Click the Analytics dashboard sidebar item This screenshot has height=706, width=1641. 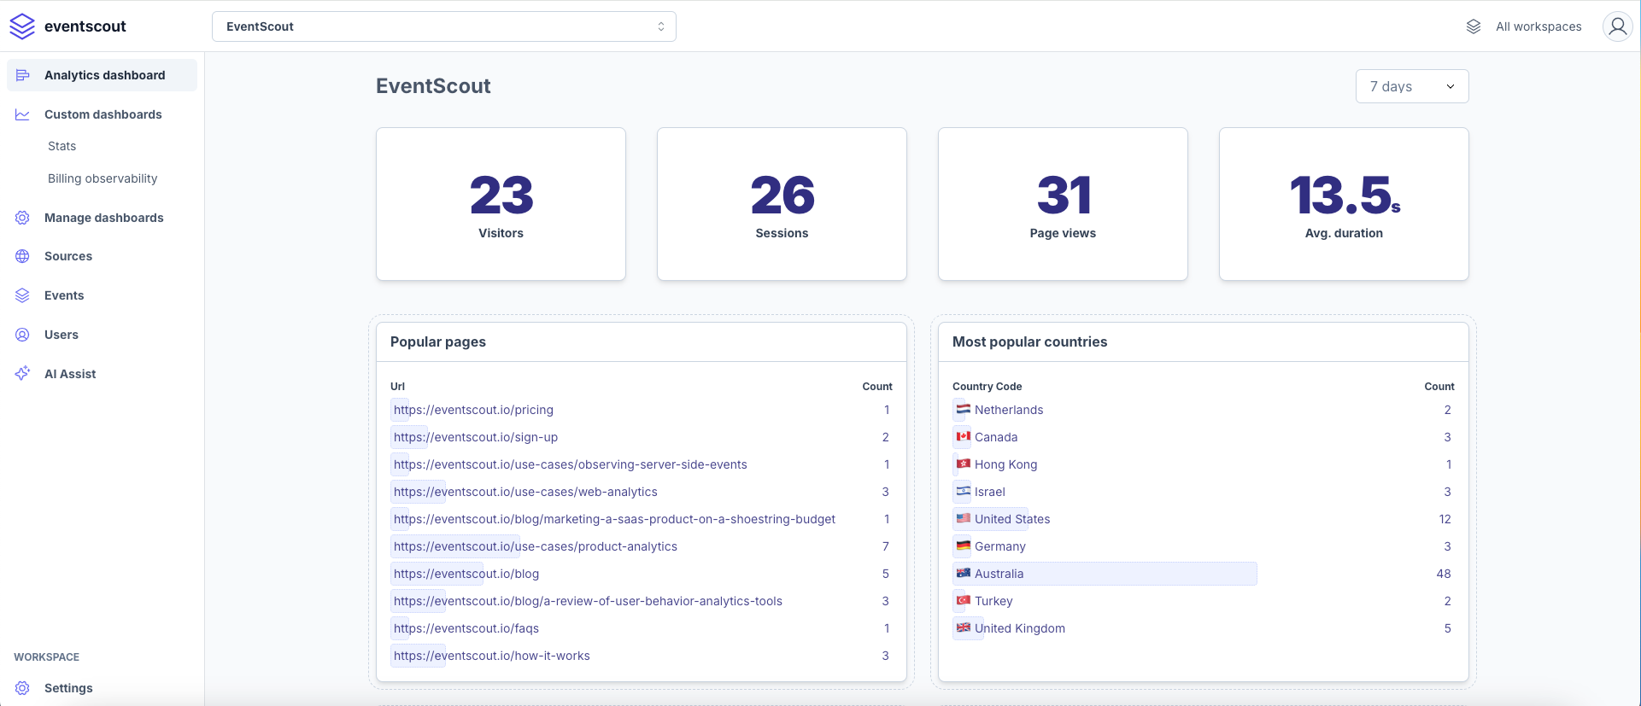(x=104, y=75)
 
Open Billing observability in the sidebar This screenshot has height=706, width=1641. (x=103, y=178)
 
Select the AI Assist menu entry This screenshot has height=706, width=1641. (x=70, y=374)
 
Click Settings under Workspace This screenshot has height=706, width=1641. (x=68, y=688)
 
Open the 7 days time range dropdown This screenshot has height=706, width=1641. (x=1411, y=86)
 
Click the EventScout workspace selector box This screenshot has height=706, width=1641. (x=443, y=26)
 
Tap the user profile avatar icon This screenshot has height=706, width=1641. (x=1617, y=26)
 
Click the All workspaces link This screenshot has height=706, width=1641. (x=1538, y=26)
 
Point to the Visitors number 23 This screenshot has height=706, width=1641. (x=501, y=195)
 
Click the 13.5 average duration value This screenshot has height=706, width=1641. (x=1343, y=195)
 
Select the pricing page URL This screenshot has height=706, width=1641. (x=473, y=410)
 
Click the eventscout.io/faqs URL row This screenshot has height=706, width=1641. (x=466, y=628)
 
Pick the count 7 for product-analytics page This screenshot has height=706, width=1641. (x=885, y=546)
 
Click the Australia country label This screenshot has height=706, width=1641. (x=999, y=574)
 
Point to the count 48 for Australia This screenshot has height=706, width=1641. (x=1443, y=574)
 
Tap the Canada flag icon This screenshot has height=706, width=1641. (x=964, y=436)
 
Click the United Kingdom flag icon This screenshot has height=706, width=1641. (x=964, y=627)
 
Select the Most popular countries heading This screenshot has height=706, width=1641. (x=1029, y=341)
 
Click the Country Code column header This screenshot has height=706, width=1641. (x=987, y=387)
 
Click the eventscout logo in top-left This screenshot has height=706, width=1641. (x=68, y=26)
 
